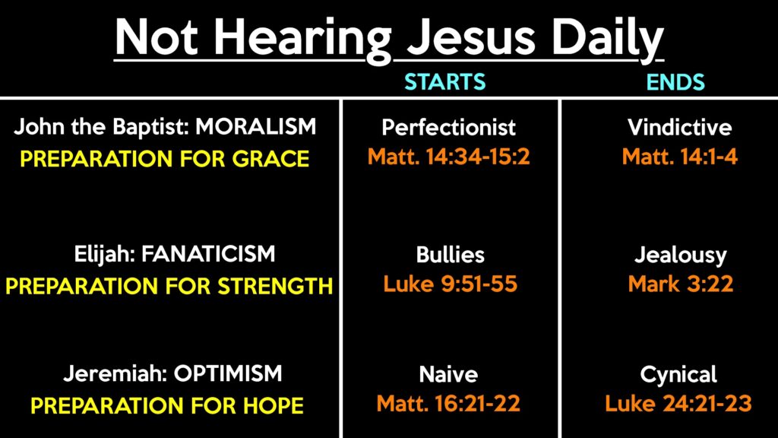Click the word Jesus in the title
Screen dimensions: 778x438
point(471,38)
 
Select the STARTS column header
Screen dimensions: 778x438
point(444,81)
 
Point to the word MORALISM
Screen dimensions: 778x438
point(255,127)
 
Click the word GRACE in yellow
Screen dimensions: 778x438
point(271,159)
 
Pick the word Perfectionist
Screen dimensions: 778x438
point(448,128)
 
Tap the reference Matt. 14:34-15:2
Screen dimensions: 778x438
point(448,157)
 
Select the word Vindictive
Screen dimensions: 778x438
point(679,128)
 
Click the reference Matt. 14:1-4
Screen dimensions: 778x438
point(680,157)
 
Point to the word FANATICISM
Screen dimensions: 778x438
point(208,254)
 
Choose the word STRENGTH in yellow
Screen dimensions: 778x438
point(275,286)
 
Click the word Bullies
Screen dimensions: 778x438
point(450,255)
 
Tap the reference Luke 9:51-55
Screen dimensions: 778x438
point(450,284)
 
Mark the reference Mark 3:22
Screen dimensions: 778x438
point(680,284)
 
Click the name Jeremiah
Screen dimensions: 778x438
point(115,373)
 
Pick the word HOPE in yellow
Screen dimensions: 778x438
point(274,406)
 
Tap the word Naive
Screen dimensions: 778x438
point(448,374)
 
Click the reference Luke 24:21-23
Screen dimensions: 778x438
point(678,404)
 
